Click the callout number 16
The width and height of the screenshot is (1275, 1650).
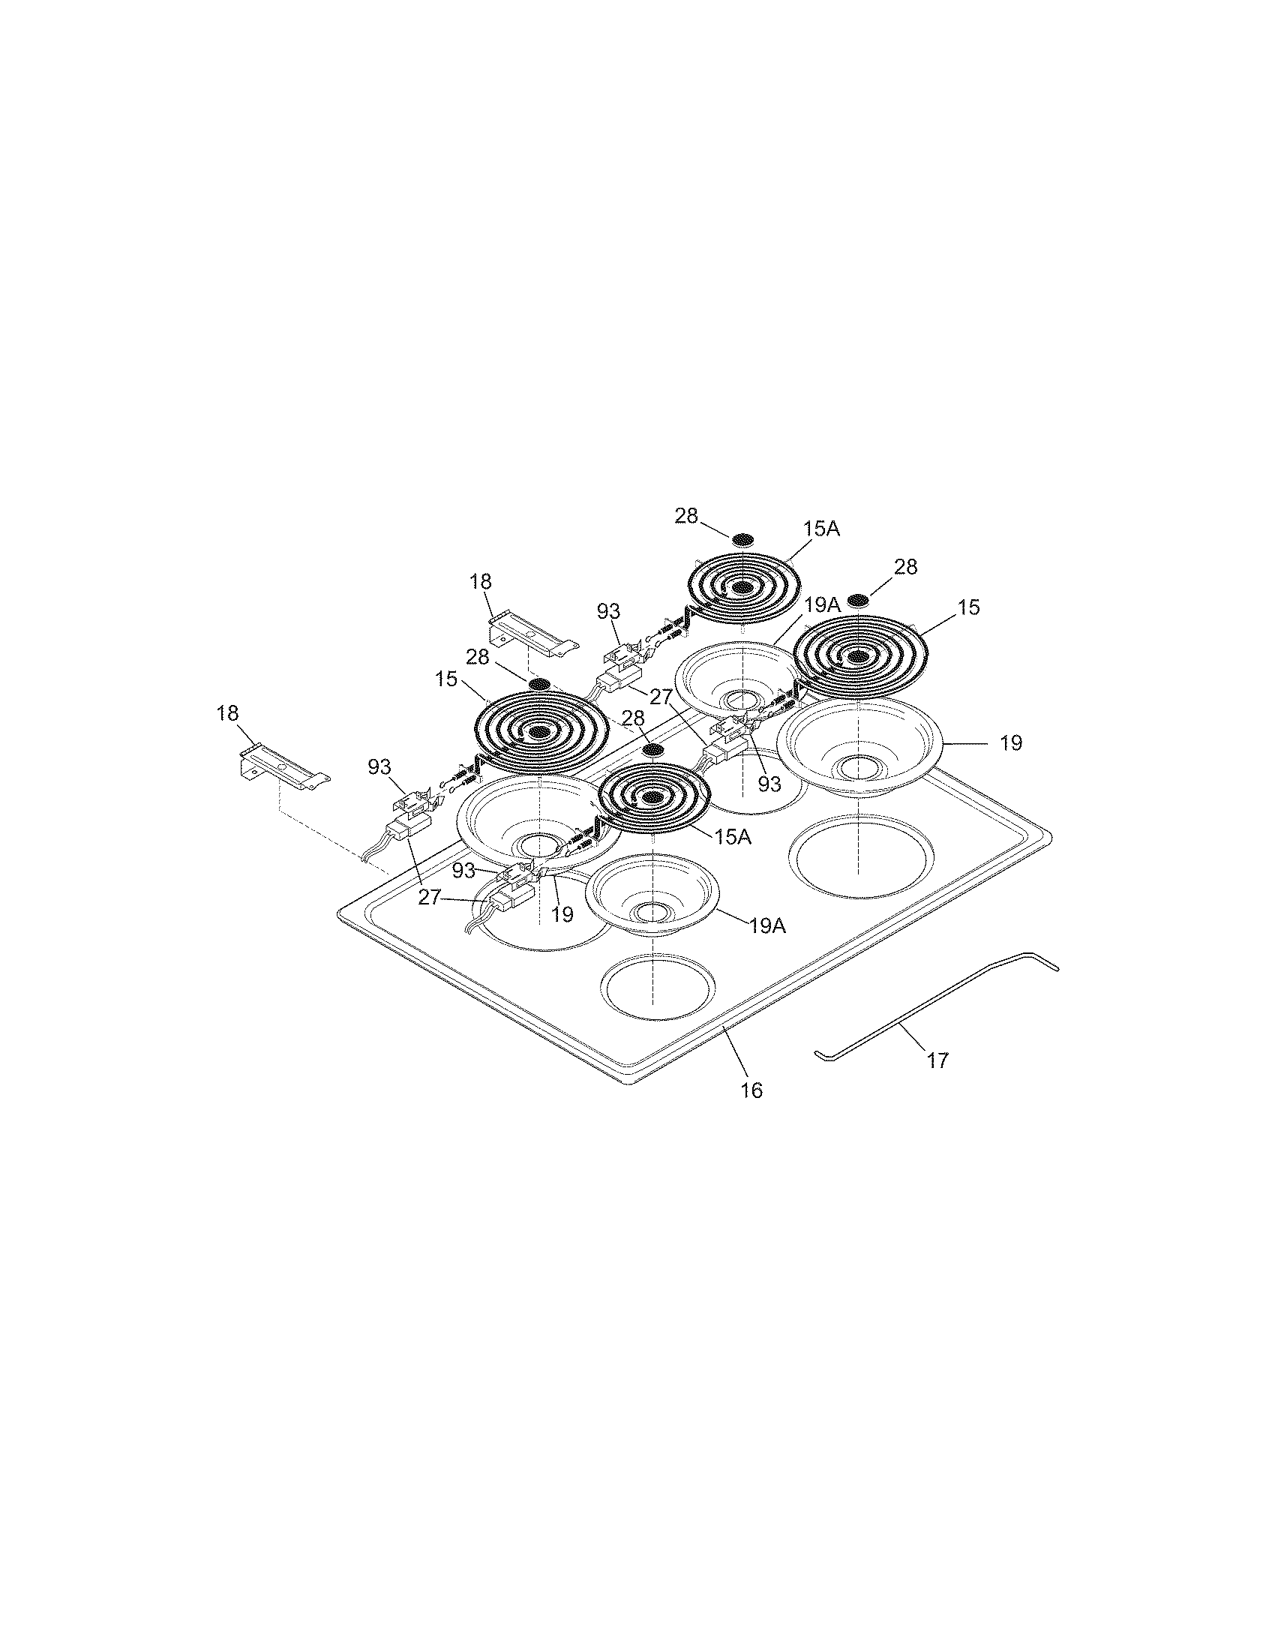coord(751,1090)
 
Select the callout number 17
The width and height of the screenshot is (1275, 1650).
coord(937,1060)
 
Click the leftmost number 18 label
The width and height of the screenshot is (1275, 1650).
coord(227,713)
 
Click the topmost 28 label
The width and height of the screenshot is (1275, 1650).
coord(685,516)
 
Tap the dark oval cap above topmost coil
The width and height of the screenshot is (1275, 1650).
coord(743,539)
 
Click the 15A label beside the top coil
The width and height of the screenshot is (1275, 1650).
coord(822,529)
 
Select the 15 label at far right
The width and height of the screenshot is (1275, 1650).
coord(969,607)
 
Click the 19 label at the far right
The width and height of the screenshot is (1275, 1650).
coord(1011,743)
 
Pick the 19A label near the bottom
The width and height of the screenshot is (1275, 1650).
coord(767,925)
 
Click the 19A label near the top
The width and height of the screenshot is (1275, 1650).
coord(823,604)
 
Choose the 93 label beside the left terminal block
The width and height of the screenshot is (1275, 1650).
coord(379,766)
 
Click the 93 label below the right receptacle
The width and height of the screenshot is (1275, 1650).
coord(769,785)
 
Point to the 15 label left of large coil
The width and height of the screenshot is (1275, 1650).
coord(446,679)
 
